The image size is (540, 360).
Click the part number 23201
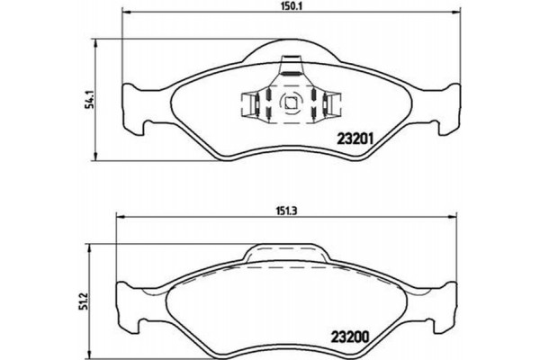[355, 139]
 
